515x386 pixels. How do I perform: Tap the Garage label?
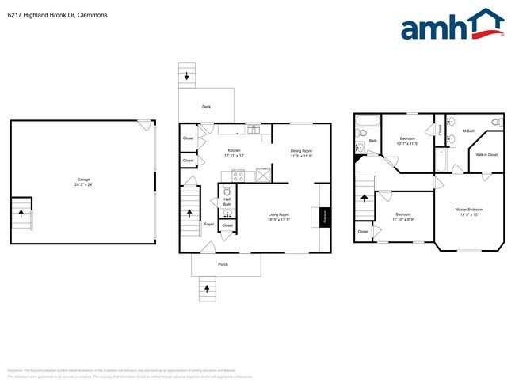(84, 181)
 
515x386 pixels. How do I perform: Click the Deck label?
(206, 106)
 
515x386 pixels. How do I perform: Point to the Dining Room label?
(301, 153)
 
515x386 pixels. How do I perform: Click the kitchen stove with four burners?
(237, 176)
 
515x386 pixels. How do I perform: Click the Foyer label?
(208, 225)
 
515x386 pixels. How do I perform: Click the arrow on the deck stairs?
(187, 77)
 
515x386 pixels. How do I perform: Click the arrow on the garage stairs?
(21, 213)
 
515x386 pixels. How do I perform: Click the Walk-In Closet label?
(486, 155)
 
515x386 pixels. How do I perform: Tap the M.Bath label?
(468, 131)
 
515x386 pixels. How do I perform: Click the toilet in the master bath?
(495, 123)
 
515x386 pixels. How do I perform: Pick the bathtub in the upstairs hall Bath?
(367, 123)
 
